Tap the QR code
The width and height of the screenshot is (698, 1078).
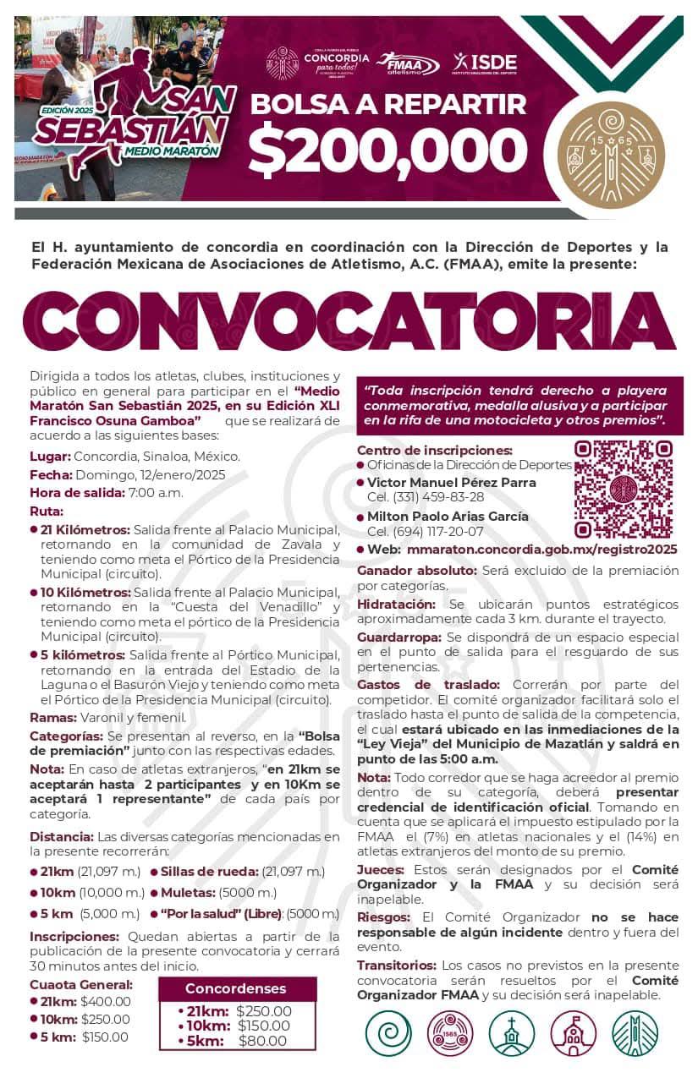pos(623,489)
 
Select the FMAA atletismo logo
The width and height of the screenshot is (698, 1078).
pos(409,63)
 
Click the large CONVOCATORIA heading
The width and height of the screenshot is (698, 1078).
pos(349,322)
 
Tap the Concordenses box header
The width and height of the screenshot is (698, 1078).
pos(236,988)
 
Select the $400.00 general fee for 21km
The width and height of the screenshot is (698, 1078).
pos(105,1001)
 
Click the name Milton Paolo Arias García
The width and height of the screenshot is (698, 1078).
pos(448,516)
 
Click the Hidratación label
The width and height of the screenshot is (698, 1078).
pos(396,604)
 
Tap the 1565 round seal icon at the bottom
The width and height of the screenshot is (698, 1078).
pos(450,1033)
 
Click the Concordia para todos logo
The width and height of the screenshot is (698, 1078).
pos(336,63)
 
